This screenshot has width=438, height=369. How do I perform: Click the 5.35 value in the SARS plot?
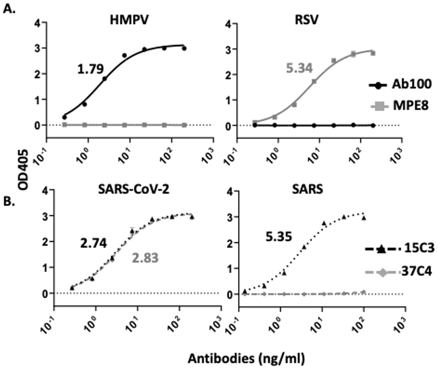[x=278, y=237]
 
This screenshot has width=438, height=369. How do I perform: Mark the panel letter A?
[x=8, y=9]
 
